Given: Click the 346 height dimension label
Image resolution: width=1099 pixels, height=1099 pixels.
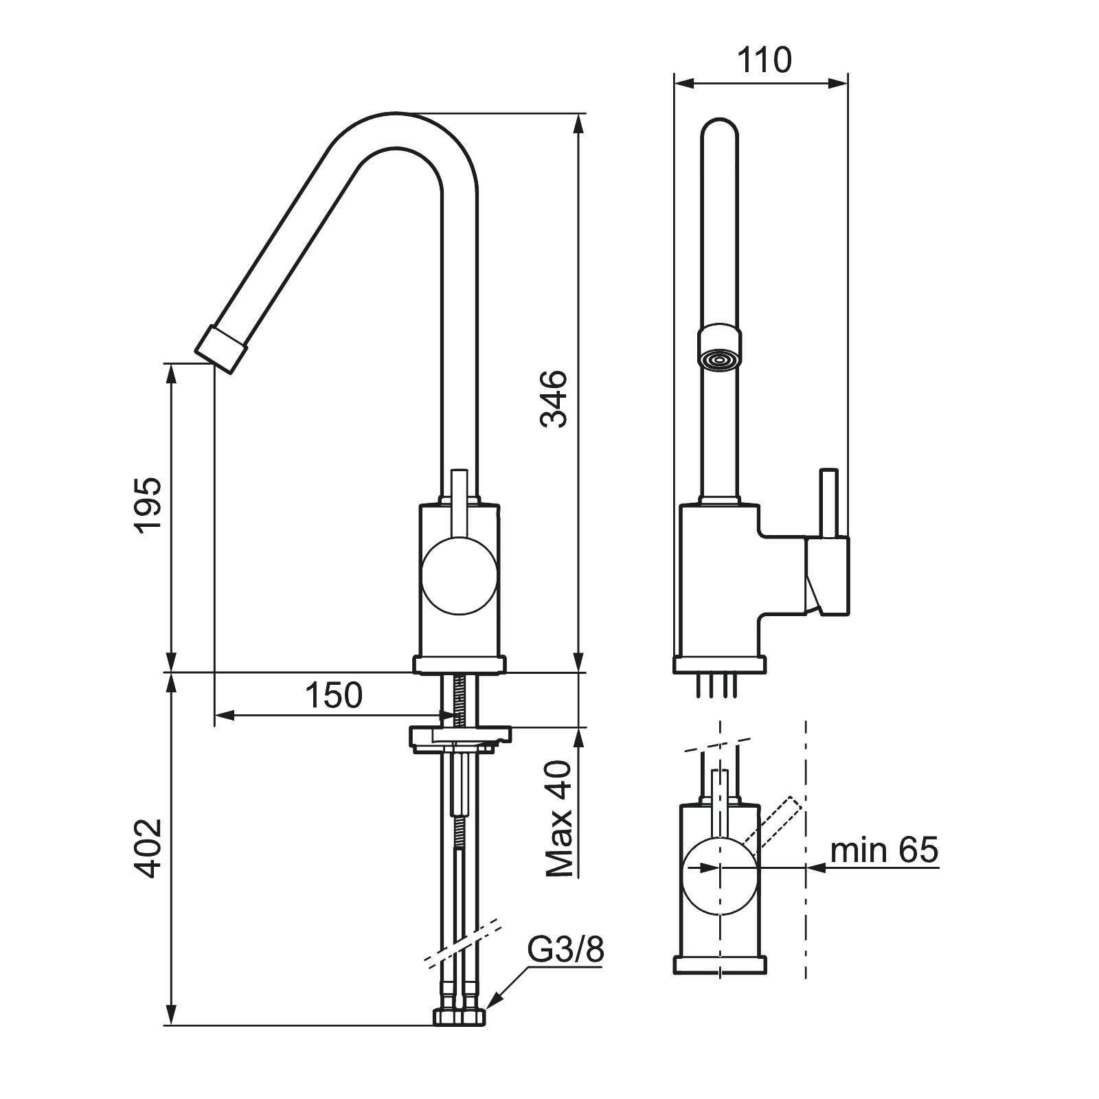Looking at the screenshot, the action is tap(554, 399).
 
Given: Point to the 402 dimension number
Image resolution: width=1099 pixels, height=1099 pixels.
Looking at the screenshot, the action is tap(148, 848).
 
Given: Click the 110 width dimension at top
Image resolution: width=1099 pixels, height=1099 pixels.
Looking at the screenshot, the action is tap(764, 60).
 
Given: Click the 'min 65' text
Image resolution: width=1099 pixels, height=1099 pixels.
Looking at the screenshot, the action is tap(884, 850).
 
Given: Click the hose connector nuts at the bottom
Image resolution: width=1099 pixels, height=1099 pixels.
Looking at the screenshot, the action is tap(460, 1017).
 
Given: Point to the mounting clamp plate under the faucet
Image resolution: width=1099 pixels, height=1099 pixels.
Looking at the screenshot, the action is tap(461, 737).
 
